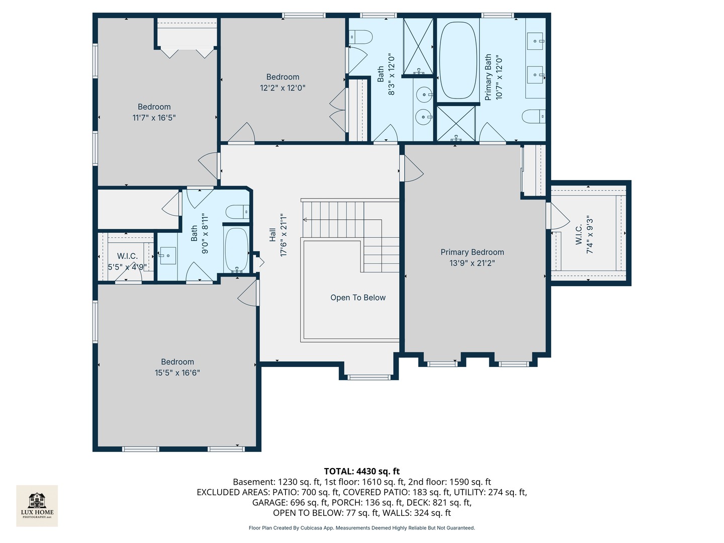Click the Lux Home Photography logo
tap(37, 505)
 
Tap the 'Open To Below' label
tap(357, 298)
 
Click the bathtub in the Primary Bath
tap(458, 60)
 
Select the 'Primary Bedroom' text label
tap(472, 252)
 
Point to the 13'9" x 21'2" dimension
tap(472, 263)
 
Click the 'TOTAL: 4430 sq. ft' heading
tap(361, 471)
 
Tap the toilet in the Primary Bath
tap(533, 117)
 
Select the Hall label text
tap(273, 235)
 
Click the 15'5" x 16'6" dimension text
tap(177, 373)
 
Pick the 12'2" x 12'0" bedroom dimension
tap(283, 88)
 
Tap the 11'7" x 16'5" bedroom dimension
tap(154, 118)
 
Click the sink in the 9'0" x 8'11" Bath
tap(167, 255)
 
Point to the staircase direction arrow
tap(306, 220)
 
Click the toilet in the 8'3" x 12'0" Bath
tap(361, 37)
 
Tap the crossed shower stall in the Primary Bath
tap(456, 123)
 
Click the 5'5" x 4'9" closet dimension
tap(127, 267)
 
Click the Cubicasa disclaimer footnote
tap(361, 528)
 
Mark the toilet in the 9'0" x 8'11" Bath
tap(237, 212)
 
